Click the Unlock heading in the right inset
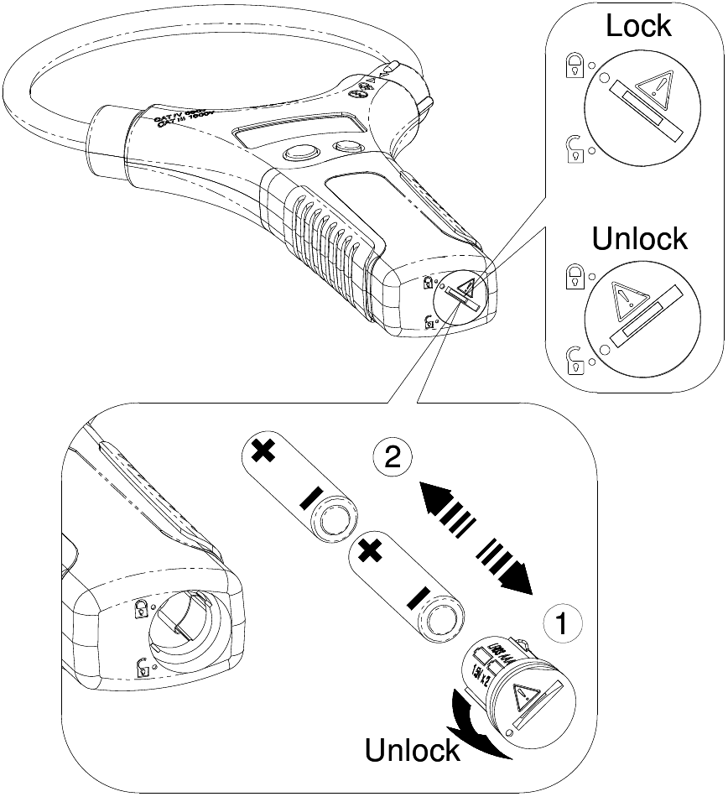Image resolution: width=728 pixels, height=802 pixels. [639, 239]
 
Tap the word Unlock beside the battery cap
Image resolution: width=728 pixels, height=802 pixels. [412, 749]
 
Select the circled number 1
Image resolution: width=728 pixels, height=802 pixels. [564, 623]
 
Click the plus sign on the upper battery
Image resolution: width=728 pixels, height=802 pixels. [263, 451]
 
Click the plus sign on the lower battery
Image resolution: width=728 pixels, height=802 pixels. [369, 551]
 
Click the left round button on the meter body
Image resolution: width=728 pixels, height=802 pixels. [298, 153]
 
